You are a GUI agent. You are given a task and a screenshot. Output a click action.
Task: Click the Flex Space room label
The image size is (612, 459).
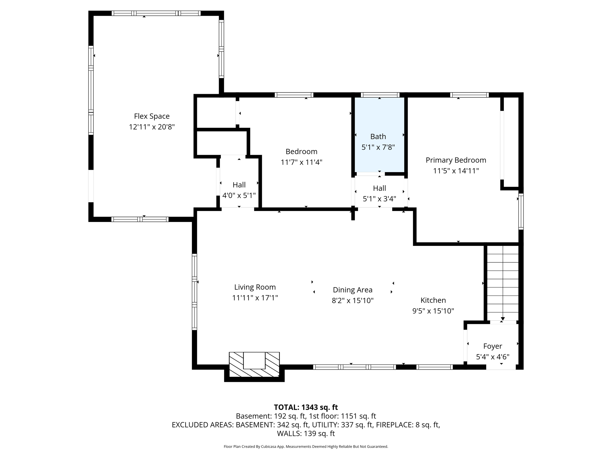pyautogui.click(x=152, y=116)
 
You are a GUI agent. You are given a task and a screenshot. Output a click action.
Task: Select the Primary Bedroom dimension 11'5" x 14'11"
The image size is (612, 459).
pyautogui.click(x=456, y=171)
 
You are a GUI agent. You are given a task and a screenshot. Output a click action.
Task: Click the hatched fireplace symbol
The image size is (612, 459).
pyautogui.click(x=254, y=365)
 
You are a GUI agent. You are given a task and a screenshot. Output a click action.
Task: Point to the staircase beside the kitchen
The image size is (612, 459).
pyautogui.click(x=503, y=283)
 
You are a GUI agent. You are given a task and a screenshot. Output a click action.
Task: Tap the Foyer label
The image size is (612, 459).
pyautogui.click(x=492, y=346)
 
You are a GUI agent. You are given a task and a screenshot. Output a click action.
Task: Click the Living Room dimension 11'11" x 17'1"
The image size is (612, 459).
pyautogui.click(x=255, y=298)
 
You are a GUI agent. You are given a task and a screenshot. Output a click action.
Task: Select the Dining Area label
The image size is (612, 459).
pyautogui.click(x=353, y=290)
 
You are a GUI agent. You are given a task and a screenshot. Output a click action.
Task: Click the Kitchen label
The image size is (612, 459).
pyautogui.click(x=433, y=300)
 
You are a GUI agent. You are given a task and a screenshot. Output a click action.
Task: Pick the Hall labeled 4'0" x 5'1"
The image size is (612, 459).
pyautogui.click(x=239, y=190)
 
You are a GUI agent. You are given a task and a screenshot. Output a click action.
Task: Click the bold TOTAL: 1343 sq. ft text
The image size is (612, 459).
pyautogui.click(x=306, y=407)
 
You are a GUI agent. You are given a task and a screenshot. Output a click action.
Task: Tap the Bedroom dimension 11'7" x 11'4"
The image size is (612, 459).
pyautogui.click(x=301, y=162)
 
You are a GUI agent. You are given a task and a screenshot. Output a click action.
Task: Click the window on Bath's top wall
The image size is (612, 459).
pyautogui.click(x=380, y=95)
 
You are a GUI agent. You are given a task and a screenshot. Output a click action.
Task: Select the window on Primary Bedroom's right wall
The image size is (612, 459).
pyautogui.click(x=521, y=211)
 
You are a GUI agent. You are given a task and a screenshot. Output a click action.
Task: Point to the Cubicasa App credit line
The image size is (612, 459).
pyautogui.click(x=306, y=446)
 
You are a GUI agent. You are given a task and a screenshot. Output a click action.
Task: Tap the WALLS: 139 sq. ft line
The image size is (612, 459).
pyautogui.click(x=306, y=433)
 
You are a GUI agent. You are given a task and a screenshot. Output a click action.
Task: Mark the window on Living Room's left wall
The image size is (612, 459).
pyautogui.click(x=195, y=291)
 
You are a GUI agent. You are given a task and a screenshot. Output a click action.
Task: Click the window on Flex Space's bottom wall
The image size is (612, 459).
pyautogui.click(x=140, y=219)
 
